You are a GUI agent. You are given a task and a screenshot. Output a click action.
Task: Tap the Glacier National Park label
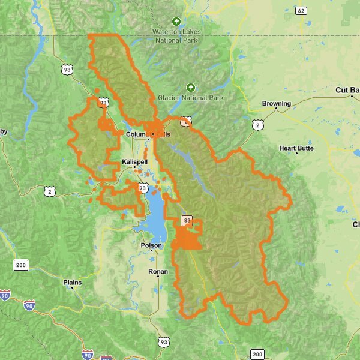click(191, 97)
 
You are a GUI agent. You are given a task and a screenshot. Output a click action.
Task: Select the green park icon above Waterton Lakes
click(176, 21)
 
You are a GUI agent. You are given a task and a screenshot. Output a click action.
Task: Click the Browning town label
click(276, 103)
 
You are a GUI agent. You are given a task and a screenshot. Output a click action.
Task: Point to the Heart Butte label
click(296, 148)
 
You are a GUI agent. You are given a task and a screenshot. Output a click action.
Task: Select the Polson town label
click(151, 245)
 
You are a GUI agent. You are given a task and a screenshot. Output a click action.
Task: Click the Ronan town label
click(158, 272)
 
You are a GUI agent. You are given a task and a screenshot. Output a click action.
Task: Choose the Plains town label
click(72, 281)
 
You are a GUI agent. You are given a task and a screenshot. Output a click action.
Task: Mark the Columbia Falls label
click(148, 134)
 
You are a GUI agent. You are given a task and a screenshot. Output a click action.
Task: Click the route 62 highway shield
click(301, 11)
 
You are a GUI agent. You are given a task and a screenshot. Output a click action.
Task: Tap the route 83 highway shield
click(187, 221)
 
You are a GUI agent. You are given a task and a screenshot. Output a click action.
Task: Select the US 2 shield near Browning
click(257, 125)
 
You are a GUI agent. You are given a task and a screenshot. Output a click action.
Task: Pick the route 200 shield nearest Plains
click(22, 265)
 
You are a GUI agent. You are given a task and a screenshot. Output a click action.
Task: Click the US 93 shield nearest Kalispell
click(142, 188)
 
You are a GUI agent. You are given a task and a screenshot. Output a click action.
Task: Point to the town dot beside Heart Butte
click(296, 154)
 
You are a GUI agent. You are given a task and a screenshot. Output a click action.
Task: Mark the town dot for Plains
click(72, 287)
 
